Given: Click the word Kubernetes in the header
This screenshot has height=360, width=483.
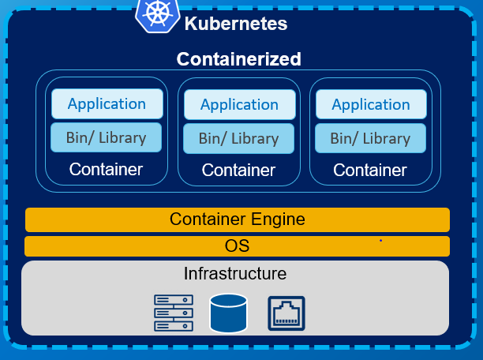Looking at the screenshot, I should click(x=235, y=24).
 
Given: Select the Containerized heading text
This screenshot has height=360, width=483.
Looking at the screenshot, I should click(x=238, y=59).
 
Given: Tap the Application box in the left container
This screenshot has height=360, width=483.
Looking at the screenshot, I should click(x=107, y=103).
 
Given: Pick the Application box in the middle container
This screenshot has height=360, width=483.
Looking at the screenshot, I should click(x=239, y=104).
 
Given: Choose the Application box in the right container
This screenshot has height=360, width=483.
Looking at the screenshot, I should click(x=370, y=104).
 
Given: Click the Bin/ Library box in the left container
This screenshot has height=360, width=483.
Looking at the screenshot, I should click(x=106, y=137).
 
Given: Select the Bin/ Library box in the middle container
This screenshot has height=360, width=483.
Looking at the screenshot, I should click(x=238, y=138).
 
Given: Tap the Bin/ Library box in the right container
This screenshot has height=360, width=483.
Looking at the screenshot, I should click(x=369, y=138).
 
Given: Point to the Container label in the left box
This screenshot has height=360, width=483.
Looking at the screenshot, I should click(x=106, y=169).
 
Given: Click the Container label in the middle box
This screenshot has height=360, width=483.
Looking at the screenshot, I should click(x=238, y=170).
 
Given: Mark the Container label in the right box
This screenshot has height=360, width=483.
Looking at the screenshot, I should click(x=369, y=170).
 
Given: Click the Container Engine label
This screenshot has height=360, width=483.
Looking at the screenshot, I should click(x=237, y=219).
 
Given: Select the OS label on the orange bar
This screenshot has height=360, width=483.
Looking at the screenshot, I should click(x=237, y=246).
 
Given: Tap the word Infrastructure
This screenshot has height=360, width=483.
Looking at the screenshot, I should click(x=235, y=274).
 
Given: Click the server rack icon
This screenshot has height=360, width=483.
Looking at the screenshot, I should click(x=173, y=313).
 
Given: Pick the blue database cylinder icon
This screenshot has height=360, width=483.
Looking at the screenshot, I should click(x=229, y=313).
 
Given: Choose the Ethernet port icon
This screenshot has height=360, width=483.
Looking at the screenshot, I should click(x=286, y=313).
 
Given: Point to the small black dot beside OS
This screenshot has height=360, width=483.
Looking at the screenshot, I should click(x=380, y=239).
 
